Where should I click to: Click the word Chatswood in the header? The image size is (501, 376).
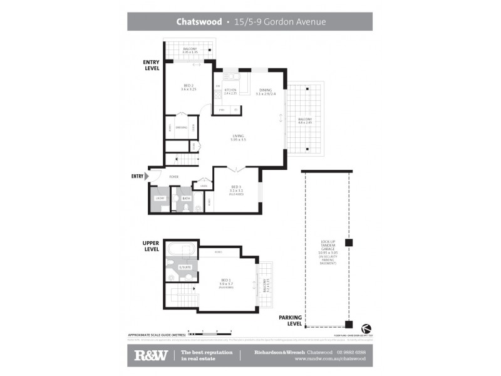click(199, 21)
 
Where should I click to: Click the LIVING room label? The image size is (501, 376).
click(238, 136)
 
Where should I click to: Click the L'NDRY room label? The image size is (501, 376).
click(159, 199)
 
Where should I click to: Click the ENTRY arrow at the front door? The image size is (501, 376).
click(147, 177)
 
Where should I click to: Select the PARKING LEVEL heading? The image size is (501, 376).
click(290, 321)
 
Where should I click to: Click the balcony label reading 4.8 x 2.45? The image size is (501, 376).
click(305, 121)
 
